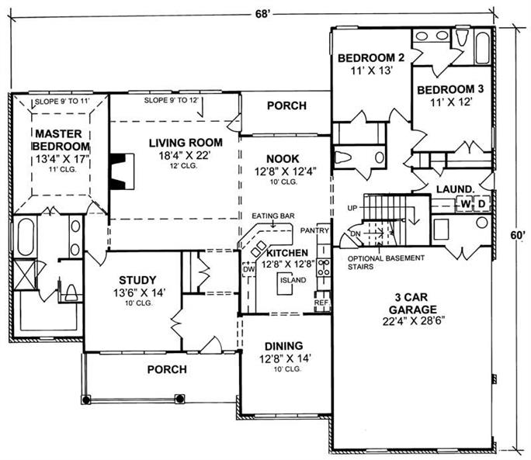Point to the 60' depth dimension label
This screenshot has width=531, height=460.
point(518,235)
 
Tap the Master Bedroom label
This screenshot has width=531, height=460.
point(61,140)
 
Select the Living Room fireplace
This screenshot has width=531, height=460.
point(121,171)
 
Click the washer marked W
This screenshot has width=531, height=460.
point(466,204)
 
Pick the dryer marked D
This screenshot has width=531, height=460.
point(482,204)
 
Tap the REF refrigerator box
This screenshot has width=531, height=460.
point(321,303)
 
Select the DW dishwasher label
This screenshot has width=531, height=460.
point(249,269)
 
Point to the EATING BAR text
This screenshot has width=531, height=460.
point(273,216)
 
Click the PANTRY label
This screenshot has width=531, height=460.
point(314,230)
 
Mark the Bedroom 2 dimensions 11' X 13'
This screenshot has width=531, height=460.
point(372,71)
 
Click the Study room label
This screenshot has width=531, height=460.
point(137,280)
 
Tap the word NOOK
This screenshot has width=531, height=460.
point(283,159)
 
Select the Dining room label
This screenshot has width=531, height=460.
point(284,346)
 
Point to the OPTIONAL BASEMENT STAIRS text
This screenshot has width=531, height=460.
point(386,262)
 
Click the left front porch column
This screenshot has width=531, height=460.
point(86,399)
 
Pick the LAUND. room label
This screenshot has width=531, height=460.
point(455,188)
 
